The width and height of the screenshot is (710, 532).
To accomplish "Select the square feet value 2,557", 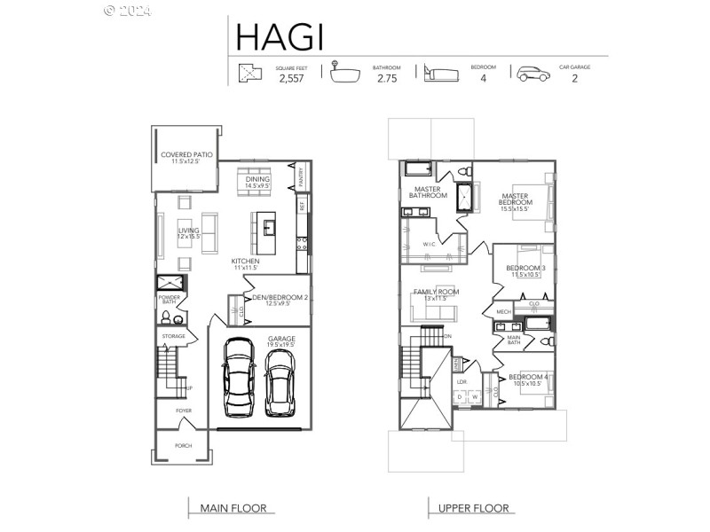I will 291,79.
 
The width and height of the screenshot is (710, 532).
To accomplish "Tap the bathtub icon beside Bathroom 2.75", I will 343,72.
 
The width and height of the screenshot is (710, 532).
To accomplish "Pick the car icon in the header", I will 532,73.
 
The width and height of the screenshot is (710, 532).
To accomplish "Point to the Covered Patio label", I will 186,157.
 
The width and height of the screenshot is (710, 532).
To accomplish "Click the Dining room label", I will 258,180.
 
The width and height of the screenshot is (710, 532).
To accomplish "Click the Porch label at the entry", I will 183,445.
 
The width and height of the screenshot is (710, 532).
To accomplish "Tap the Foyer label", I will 184,411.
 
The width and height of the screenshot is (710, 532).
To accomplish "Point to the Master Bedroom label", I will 515,199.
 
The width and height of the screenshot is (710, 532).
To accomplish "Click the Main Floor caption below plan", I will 231,508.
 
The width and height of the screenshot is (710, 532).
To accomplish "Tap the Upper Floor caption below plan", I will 474,508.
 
